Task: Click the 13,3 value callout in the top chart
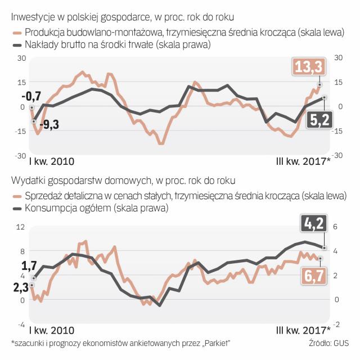[x=308, y=67]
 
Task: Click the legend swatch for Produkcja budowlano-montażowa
[x=17, y=34]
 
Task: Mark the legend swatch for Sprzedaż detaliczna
[x=17, y=196]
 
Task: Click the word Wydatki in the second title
[x=27, y=181]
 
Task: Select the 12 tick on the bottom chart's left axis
[x=22, y=226]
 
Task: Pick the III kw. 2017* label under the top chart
[x=303, y=161]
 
